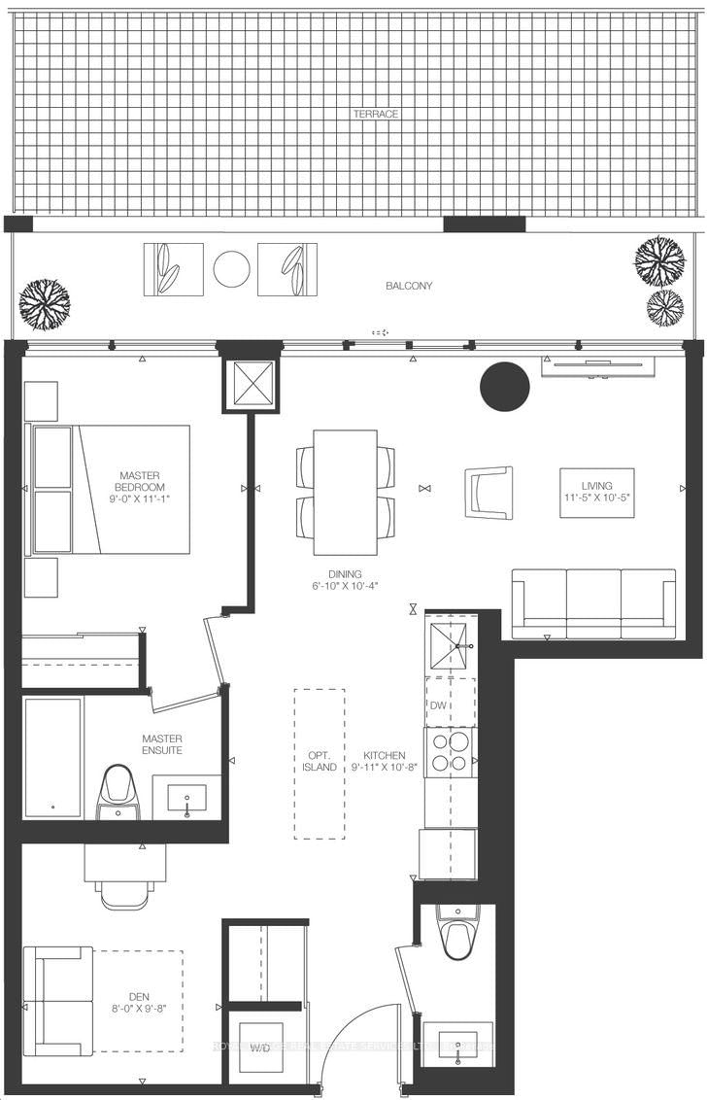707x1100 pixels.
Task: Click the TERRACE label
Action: (x=375, y=114)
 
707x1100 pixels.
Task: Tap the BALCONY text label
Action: (x=409, y=286)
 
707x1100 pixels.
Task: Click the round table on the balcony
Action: (x=231, y=269)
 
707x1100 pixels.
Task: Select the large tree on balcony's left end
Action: (x=45, y=303)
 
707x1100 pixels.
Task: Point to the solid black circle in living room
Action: (x=505, y=387)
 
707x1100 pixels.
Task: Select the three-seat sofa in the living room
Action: (x=593, y=603)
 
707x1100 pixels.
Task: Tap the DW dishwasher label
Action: (x=440, y=705)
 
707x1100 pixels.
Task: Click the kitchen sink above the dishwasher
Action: (x=450, y=644)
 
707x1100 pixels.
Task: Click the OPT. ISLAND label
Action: (x=319, y=761)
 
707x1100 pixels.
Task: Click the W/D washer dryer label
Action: (x=260, y=1048)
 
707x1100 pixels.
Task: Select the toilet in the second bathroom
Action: (x=456, y=933)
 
